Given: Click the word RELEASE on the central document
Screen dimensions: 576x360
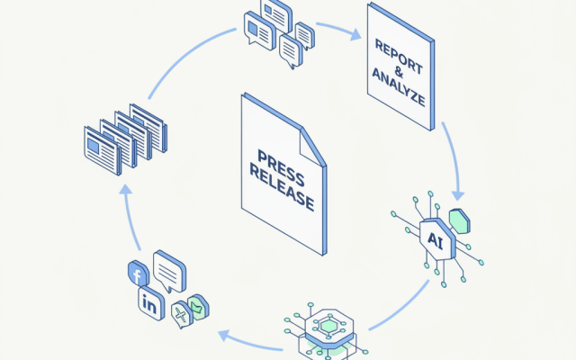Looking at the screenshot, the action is [282, 188].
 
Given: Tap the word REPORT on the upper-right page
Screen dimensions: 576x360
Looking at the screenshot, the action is [399, 56].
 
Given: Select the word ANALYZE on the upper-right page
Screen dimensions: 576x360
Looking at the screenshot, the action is [399, 87].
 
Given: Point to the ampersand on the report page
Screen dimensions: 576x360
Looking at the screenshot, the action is [399, 72].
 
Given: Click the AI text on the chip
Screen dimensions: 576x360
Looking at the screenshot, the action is [436, 240].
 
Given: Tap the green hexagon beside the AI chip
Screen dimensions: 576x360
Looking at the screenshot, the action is [460, 221].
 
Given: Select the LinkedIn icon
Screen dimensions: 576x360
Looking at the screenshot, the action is [151, 304].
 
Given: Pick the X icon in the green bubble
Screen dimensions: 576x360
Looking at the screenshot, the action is [181, 314].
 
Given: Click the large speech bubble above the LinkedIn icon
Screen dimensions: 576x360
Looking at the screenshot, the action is [169, 271].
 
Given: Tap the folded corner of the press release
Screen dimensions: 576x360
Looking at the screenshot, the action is [311, 148].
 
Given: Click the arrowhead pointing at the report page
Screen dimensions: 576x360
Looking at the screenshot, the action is [355, 34].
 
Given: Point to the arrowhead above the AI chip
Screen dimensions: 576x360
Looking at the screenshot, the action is [458, 195].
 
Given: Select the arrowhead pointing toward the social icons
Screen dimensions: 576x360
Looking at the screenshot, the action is [224, 336].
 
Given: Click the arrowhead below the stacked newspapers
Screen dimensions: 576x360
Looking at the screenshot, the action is [126, 190].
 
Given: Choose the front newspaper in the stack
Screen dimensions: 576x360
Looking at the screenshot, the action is [103, 150].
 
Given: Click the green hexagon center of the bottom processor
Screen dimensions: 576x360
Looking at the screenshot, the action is [328, 326].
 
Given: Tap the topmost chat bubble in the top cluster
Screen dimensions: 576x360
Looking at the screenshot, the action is [276, 14].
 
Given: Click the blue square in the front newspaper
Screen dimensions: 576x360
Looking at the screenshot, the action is [94, 146].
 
